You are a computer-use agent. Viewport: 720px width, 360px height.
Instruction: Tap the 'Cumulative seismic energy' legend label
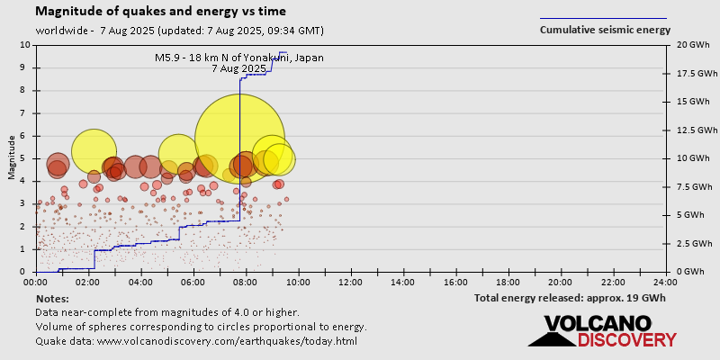(605, 30)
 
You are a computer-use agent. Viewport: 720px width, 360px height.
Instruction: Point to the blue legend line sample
(603, 18)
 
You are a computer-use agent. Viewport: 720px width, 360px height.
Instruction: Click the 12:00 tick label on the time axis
(351, 282)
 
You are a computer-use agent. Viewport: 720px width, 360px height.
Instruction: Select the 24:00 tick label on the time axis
(666, 282)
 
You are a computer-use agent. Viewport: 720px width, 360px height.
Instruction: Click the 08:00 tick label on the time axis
(246, 282)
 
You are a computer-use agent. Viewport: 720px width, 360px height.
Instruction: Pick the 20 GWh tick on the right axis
(689, 45)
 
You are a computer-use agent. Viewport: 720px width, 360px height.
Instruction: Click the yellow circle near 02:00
(94, 151)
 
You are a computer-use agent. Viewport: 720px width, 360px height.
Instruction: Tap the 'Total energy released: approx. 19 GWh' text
(570, 297)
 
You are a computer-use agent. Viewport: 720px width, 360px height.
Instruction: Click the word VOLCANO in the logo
(598, 323)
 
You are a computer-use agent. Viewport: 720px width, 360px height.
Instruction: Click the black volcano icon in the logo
(551, 332)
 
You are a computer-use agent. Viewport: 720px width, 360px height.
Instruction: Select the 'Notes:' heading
(53, 298)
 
